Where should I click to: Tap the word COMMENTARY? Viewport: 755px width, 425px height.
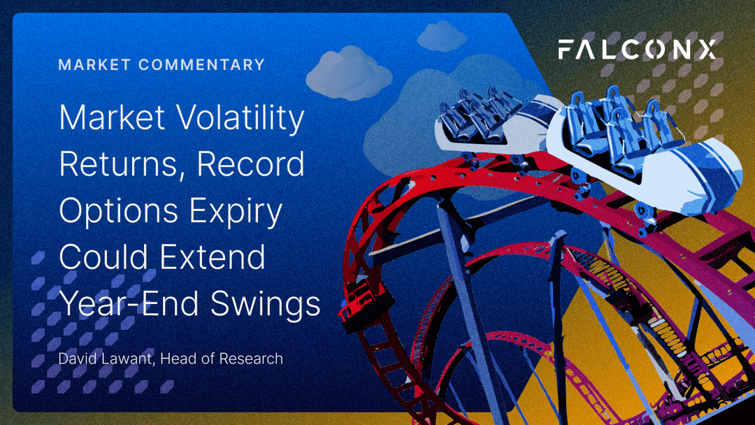201,65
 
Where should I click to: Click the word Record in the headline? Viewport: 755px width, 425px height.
250,164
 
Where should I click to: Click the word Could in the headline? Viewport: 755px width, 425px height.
103,257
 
